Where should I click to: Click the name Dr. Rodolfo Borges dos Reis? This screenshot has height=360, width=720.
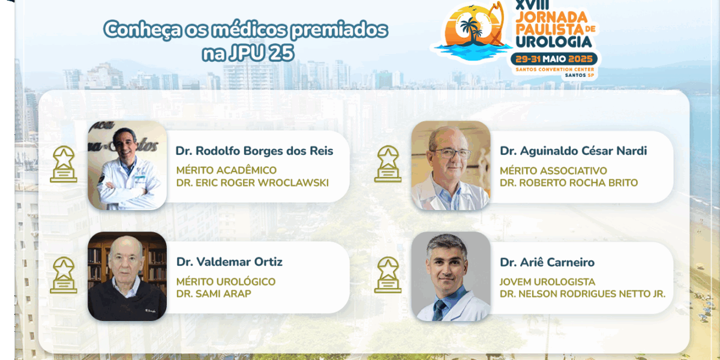(x=254, y=151)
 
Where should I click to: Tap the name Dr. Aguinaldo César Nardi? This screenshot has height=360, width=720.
(x=573, y=151)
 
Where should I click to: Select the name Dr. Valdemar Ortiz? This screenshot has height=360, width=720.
(x=229, y=262)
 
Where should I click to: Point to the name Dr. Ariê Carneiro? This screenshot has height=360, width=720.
(x=547, y=262)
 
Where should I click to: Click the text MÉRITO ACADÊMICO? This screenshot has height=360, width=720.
(x=226, y=170)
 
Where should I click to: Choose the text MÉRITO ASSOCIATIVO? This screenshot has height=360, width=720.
(x=553, y=170)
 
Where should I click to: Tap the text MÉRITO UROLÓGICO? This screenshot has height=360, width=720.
(x=226, y=281)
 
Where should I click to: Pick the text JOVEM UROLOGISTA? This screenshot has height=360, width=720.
(x=547, y=282)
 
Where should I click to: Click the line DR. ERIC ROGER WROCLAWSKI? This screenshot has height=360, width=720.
(x=253, y=182)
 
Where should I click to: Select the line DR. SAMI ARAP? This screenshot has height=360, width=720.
(x=214, y=293)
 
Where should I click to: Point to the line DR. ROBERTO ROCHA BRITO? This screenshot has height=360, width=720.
(x=569, y=182)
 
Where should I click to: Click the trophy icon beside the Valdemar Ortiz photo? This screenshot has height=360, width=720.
(x=64, y=275)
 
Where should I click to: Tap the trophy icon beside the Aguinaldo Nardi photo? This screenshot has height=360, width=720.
(x=388, y=164)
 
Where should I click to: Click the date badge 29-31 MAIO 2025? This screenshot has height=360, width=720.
(x=554, y=59)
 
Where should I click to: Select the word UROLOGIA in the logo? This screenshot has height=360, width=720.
(x=553, y=41)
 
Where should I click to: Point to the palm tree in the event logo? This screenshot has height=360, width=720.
(x=470, y=31)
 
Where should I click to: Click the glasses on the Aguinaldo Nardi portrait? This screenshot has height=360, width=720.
(x=452, y=154)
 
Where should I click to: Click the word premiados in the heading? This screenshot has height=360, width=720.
(x=339, y=30)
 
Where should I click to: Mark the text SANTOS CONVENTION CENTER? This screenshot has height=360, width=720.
(x=555, y=70)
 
